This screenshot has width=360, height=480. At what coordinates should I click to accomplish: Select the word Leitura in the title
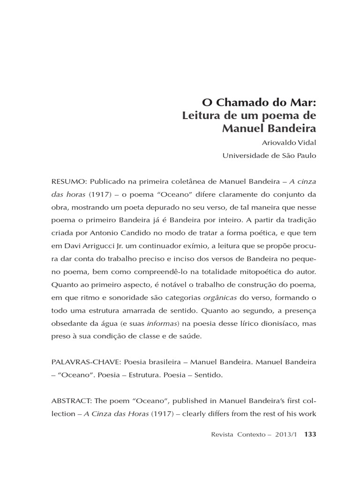(x=202, y=115)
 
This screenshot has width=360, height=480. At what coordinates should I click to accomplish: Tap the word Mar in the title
(x=304, y=102)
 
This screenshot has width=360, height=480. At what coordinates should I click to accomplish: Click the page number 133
(x=310, y=434)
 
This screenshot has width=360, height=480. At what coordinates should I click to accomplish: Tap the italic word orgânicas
(x=220, y=297)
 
